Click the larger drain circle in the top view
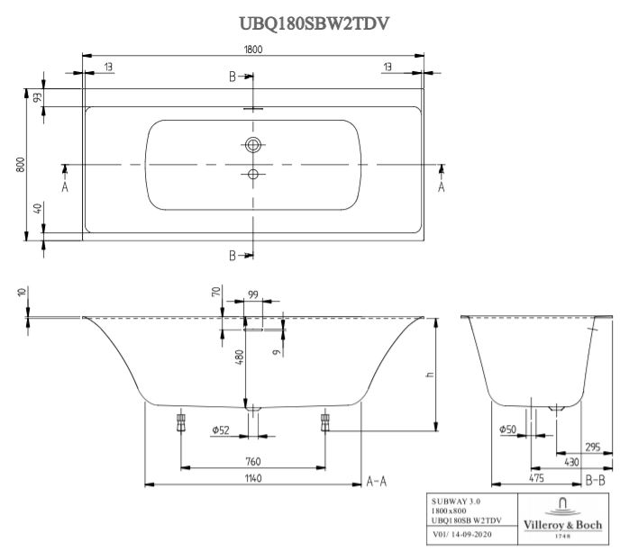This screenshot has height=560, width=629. click(253, 143)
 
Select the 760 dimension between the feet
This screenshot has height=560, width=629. click(253, 462)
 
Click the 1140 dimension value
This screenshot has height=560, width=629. click(253, 478)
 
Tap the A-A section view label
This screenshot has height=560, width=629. click(377, 482)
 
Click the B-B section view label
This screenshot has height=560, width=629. click(595, 482)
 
